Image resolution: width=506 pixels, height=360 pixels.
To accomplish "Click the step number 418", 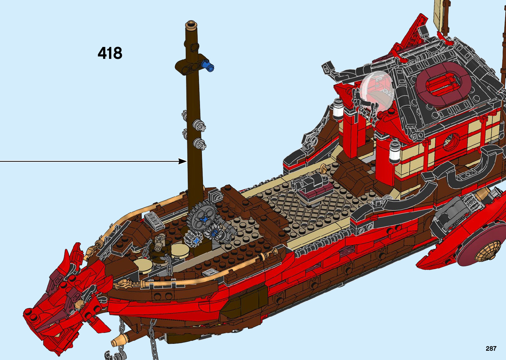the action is coord(110,53).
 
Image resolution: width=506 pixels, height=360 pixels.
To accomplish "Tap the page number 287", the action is coord(491,348).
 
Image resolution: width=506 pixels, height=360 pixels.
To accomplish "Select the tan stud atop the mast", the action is coord(191,24).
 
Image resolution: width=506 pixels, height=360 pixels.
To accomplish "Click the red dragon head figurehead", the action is coord(56,298).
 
